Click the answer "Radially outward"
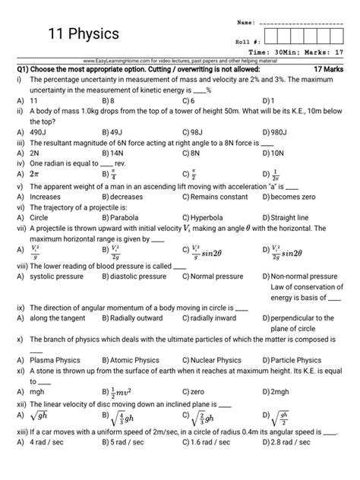[x=137, y=319]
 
